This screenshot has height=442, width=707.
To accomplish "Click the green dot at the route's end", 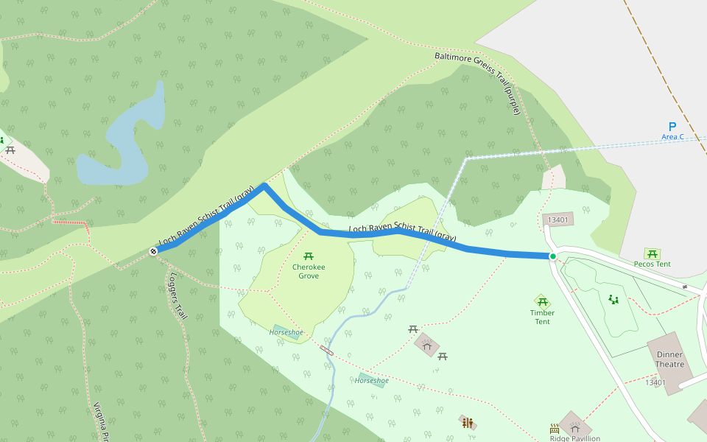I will click(x=552, y=256).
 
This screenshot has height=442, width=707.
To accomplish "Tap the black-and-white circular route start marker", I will click(x=153, y=251).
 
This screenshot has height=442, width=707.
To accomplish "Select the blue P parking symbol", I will click(x=672, y=127).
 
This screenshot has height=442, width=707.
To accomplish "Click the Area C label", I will click(x=672, y=137).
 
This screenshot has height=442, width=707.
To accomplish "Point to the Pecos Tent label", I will click(x=652, y=264).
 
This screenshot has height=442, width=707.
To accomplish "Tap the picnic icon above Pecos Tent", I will click(x=652, y=253).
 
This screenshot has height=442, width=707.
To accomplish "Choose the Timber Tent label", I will click(x=542, y=317).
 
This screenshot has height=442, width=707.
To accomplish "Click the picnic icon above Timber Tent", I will click(x=543, y=302).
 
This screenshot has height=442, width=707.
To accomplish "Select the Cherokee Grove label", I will click(x=309, y=271).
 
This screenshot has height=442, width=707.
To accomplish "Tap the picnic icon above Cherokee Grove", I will click(x=309, y=255).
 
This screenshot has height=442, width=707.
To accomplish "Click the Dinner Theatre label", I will click(x=669, y=359).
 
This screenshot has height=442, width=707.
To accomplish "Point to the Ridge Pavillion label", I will click(x=574, y=438).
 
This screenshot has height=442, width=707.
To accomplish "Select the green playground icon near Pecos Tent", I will click(x=613, y=299).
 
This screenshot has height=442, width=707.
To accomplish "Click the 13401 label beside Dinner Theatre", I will click(x=655, y=382).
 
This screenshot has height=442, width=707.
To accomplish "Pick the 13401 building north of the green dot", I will click(x=557, y=220).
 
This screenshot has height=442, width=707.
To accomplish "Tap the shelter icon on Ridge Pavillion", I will click(x=575, y=427).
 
